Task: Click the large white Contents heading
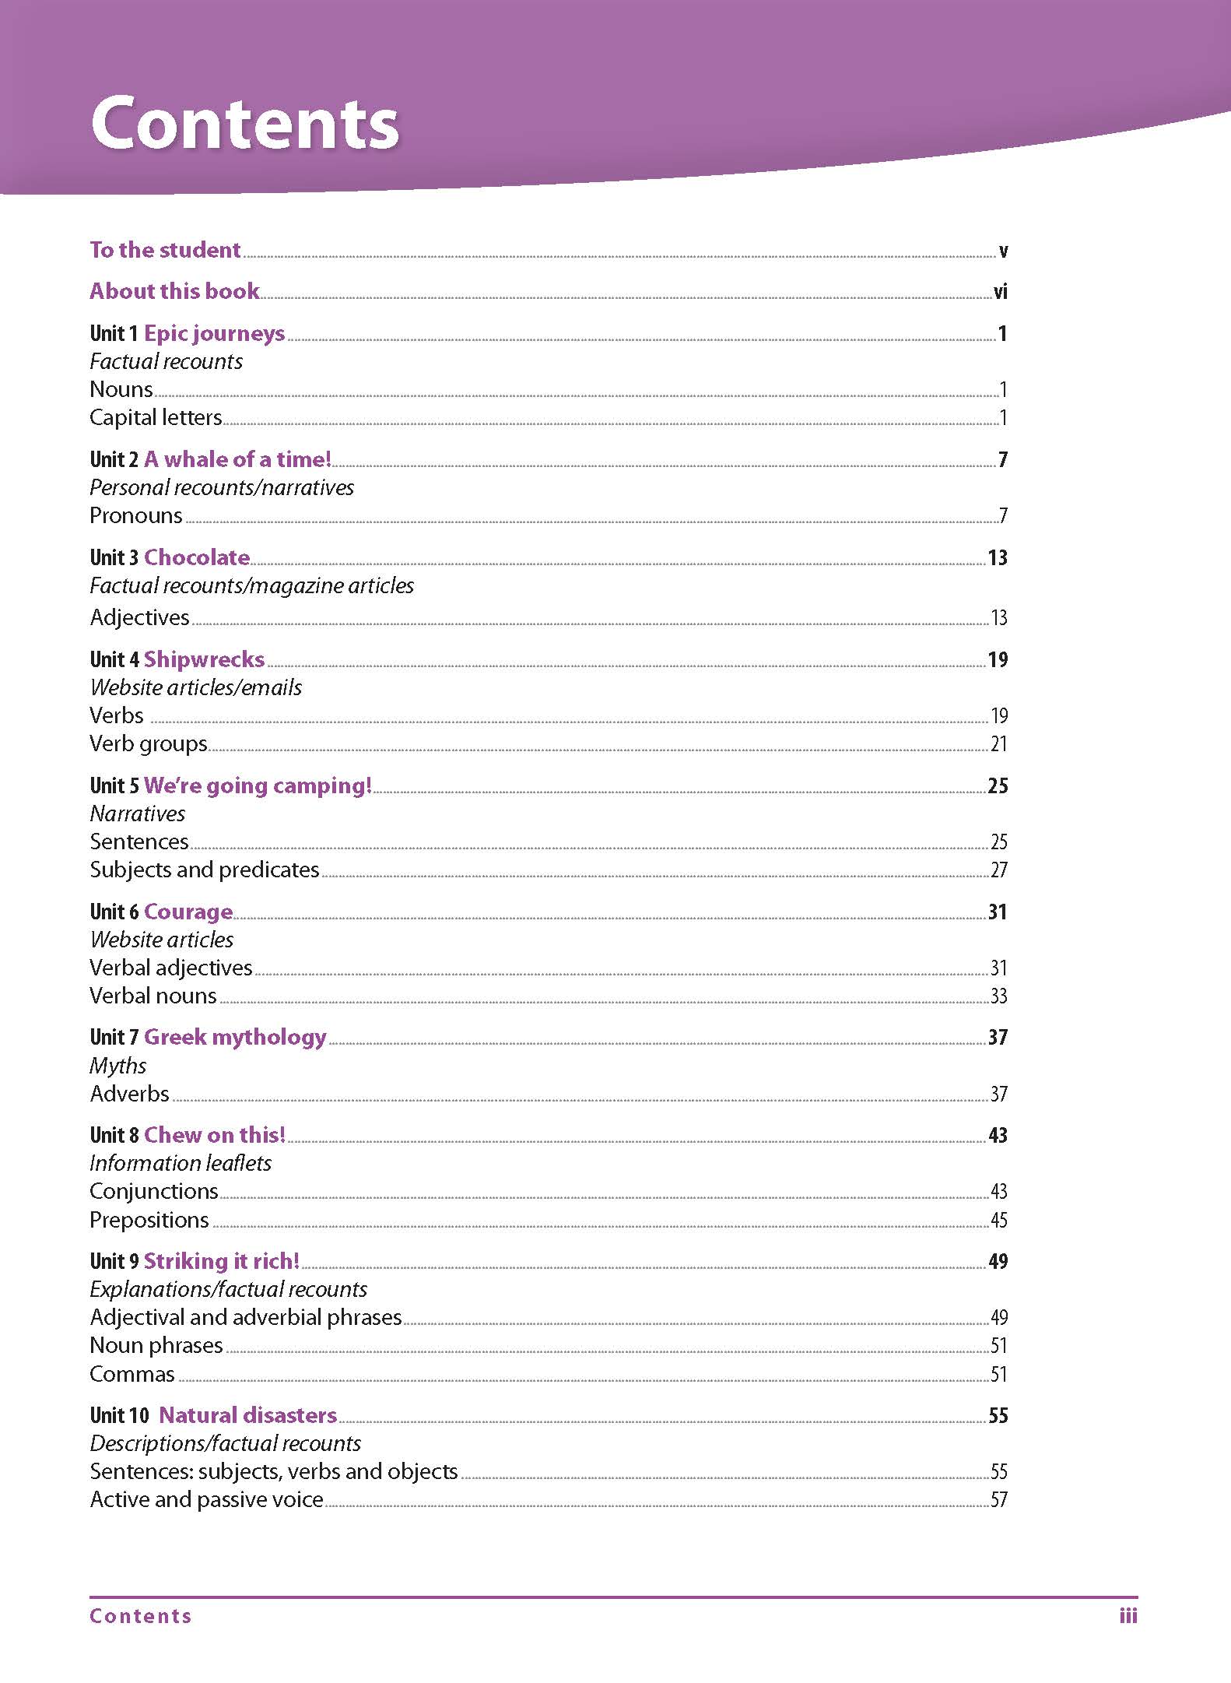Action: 244,123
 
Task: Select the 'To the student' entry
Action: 165,250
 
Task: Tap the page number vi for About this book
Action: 1000,292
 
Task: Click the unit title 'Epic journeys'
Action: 214,333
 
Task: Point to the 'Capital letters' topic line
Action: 156,417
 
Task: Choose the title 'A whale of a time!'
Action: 237,459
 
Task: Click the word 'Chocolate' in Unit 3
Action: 197,557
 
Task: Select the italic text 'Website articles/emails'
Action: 195,687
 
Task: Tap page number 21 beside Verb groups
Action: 998,744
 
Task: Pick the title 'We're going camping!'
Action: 258,785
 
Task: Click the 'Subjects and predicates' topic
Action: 204,870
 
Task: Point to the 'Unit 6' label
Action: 114,912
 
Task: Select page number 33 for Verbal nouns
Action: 998,996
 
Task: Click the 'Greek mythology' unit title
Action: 235,1037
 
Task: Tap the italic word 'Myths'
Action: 117,1066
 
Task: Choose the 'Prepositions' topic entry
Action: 149,1220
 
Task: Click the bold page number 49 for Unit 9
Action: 998,1261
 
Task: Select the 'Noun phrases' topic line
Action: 156,1345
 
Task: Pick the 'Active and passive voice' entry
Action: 206,1499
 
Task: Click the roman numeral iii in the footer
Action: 1128,1616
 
